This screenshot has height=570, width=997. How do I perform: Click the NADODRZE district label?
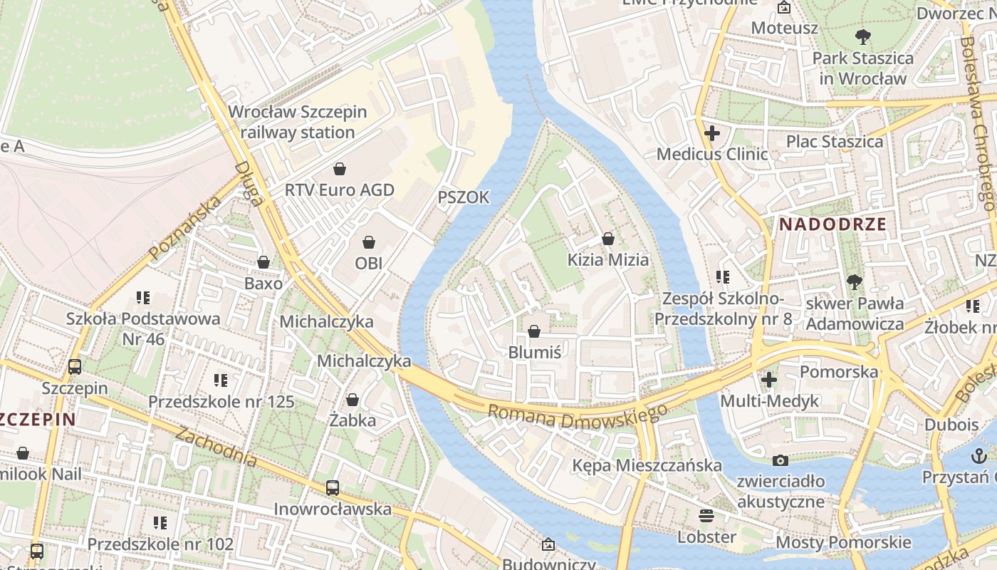pos(832,224)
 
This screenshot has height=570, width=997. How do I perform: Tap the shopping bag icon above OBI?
pos(369,243)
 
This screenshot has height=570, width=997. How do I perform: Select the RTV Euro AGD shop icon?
pos(340,169)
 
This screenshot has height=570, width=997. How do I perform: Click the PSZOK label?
pos(464,197)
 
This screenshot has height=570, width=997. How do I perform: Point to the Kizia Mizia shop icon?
pos(608,239)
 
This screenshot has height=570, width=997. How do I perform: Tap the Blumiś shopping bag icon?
pos(534,331)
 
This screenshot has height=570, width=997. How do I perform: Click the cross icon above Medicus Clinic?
pos(711,133)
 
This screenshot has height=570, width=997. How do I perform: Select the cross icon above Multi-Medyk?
pos(768,380)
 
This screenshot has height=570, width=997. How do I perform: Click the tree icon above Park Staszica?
pos(862,36)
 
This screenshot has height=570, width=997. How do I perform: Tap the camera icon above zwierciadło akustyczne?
pos(781,460)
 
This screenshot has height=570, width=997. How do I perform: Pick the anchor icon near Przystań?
pos(979,455)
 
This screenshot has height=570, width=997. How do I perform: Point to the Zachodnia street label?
pos(216,447)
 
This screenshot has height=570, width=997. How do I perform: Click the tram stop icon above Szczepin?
pos(75,367)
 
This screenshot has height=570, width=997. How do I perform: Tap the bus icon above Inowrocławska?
pos(333,488)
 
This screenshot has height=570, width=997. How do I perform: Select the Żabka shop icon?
pos(353,400)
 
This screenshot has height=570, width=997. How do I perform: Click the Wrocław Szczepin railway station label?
pos(298,122)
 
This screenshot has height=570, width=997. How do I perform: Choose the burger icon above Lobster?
pos(706,515)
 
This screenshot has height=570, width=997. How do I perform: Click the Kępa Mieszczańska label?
pos(647,465)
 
